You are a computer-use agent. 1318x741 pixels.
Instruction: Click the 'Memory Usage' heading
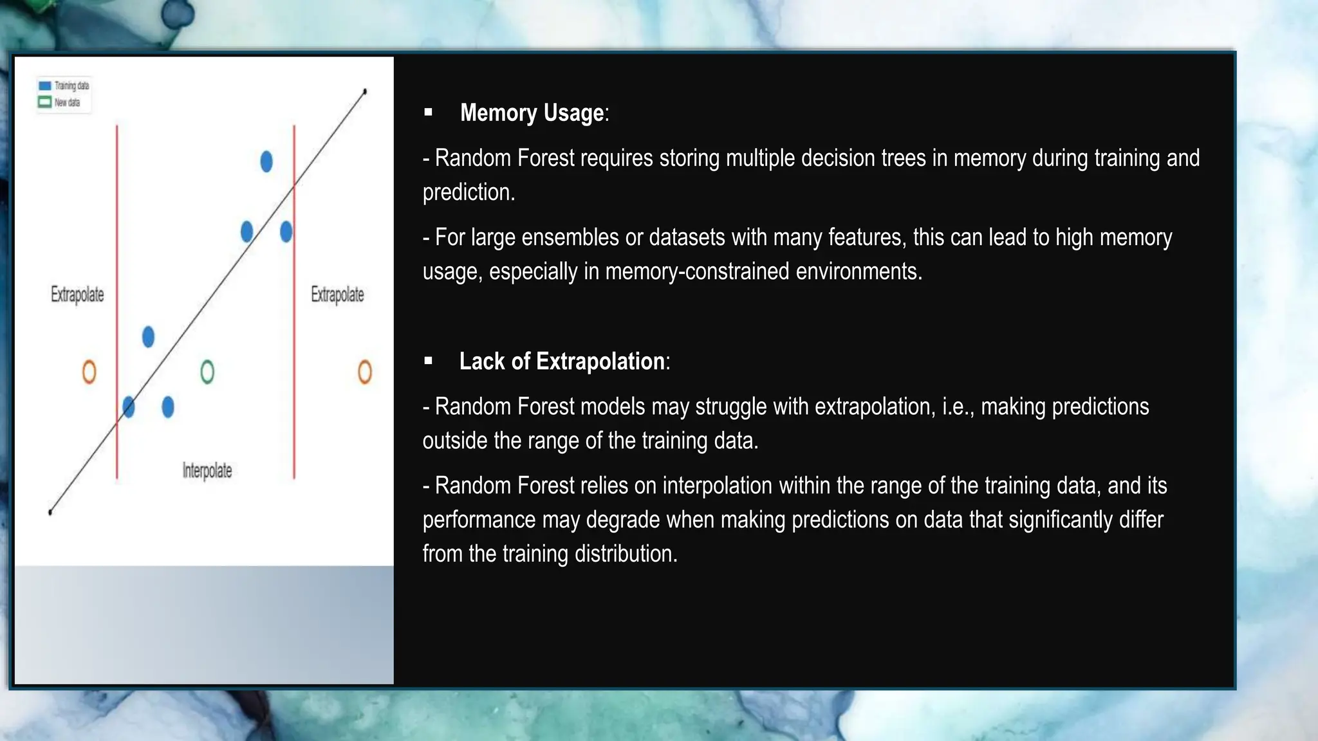coord(534,113)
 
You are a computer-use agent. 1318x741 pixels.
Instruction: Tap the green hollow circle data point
coord(207,372)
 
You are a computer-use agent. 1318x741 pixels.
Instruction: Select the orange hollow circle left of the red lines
coord(89,372)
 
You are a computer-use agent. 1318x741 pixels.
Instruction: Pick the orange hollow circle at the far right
coord(365,372)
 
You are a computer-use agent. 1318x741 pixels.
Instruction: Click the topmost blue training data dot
coord(266,161)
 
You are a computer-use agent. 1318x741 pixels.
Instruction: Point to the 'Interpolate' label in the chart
coord(207,471)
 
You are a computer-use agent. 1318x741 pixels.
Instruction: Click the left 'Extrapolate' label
coord(77,295)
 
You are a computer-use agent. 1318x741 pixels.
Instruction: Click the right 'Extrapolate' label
coord(337,295)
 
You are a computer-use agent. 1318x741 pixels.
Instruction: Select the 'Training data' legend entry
coord(64,86)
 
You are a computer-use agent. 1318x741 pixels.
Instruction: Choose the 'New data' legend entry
coord(60,102)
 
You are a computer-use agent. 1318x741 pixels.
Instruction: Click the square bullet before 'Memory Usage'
coord(429,113)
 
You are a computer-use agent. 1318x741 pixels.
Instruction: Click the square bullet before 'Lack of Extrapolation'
coord(429,361)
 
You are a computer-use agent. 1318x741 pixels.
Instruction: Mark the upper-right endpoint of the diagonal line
coord(365,92)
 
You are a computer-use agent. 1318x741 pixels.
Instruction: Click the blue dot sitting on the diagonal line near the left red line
coord(129,407)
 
